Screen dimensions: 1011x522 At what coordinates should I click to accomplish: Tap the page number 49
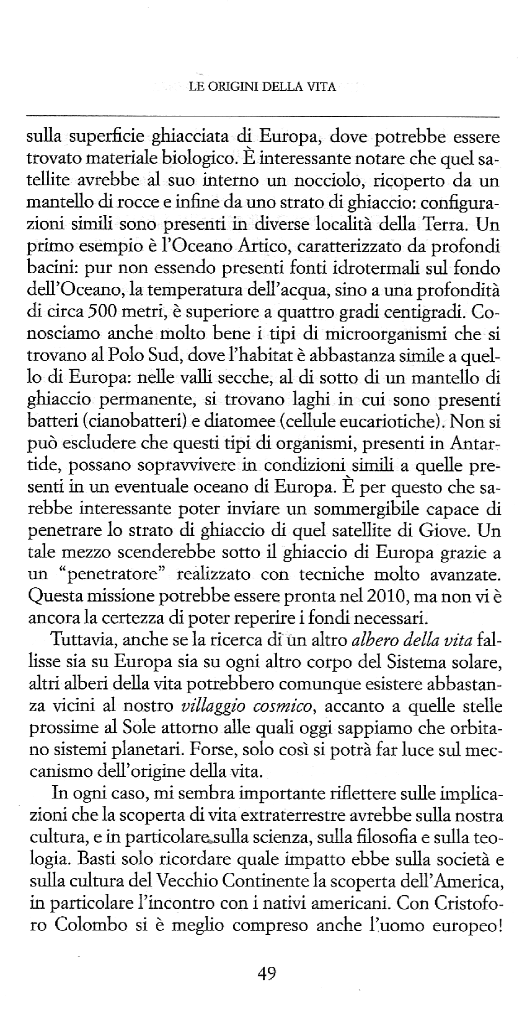265,973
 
